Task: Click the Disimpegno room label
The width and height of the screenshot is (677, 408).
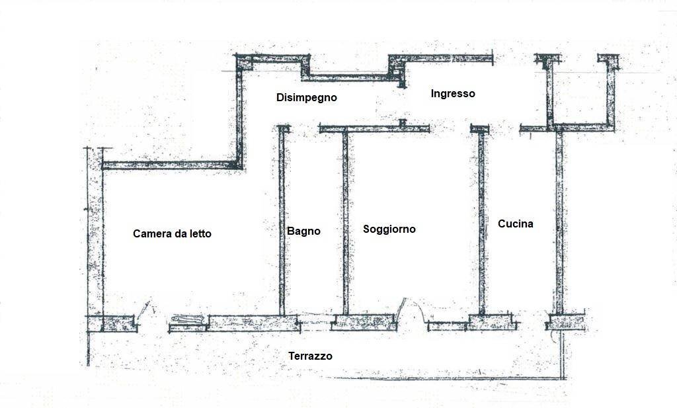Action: [307, 98]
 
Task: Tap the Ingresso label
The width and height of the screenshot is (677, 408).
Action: [453, 93]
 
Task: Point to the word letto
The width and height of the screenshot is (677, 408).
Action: [200, 233]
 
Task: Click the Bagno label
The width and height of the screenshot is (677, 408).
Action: [303, 231]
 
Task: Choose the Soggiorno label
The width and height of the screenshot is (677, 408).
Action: [389, 229]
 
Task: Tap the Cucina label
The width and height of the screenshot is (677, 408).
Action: [516, 224]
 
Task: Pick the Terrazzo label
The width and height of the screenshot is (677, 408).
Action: [311, 356]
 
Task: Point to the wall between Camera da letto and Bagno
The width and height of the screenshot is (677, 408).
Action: [282, 221]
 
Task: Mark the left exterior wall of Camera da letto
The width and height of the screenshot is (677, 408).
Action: [95, 239]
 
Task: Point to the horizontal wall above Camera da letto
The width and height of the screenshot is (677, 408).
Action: [172, 165]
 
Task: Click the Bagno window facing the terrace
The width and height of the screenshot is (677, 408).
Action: [316, 323]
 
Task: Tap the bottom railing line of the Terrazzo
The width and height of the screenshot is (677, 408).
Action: [449, 379]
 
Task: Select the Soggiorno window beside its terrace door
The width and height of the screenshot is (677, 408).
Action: [448, 326]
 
